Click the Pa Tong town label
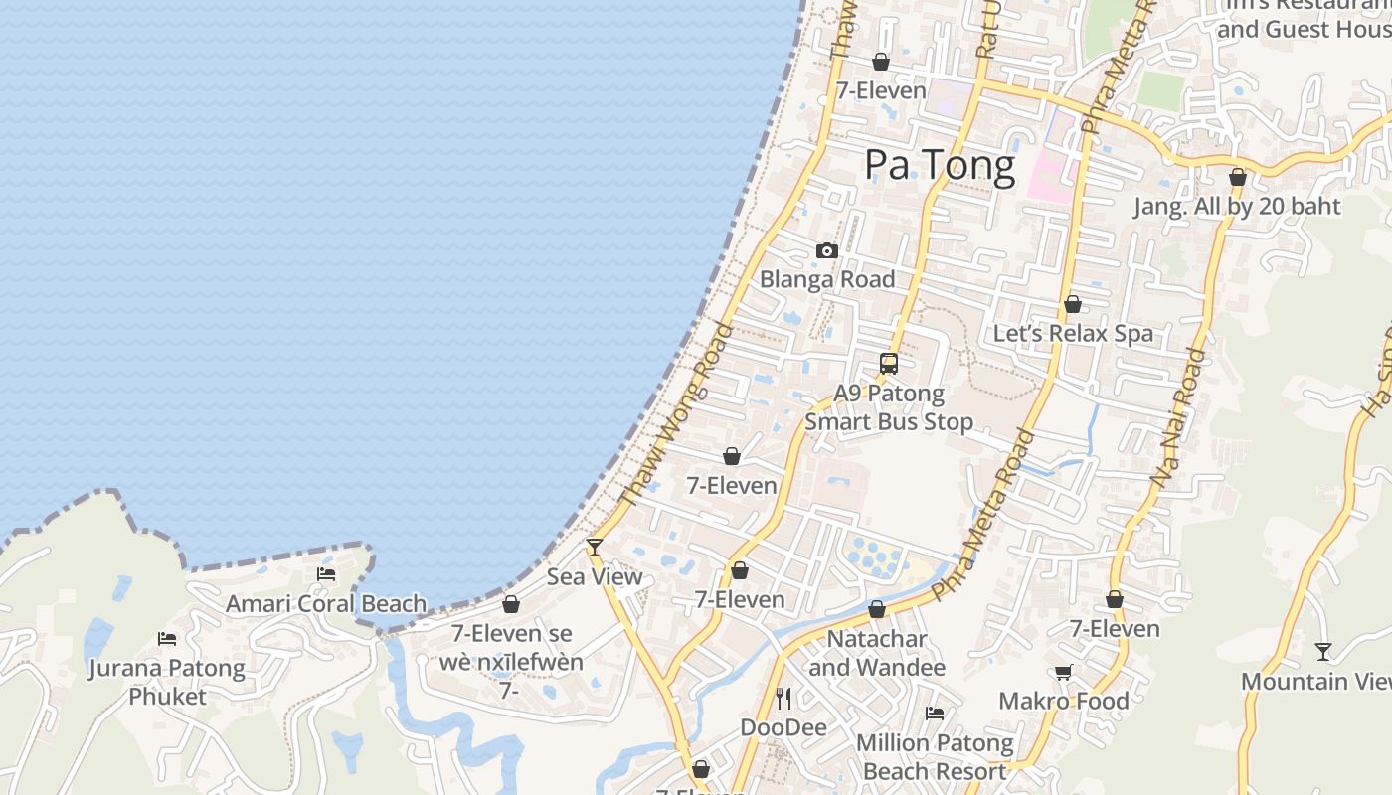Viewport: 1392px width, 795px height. click(x=940, y=165)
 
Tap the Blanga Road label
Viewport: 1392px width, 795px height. click(x=827, y=279)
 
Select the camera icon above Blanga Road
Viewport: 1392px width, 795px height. click(x=827, y=251)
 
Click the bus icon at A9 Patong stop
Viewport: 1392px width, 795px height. click(x=889, y=364)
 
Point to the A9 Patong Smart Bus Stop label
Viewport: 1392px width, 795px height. click(x=889, y=407)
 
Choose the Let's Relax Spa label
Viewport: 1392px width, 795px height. click(x=1074, y=333)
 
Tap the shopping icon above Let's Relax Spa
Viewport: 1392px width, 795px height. click(x=1073, y=304)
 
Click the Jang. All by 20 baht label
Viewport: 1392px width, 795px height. click(x=1238, y=206)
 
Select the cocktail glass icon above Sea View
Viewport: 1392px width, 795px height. click(x=595, y=547)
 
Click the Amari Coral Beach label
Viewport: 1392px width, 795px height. click(x=326, y=603)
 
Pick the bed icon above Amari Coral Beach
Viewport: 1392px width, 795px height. click(x=326, y=574)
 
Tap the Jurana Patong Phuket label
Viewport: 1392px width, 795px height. click(x=167, y=681)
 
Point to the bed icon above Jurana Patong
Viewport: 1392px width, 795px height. click(x=167, y=639)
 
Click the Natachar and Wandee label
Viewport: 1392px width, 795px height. click(x=877, y=653)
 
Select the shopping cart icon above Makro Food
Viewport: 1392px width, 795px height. click(x=1064, y=673)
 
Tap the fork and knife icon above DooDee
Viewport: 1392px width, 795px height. click(x=783, y=699)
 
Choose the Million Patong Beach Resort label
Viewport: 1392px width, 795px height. click(x=935, y=756)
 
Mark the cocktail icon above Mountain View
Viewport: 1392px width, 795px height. click(x=1323, y=652)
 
